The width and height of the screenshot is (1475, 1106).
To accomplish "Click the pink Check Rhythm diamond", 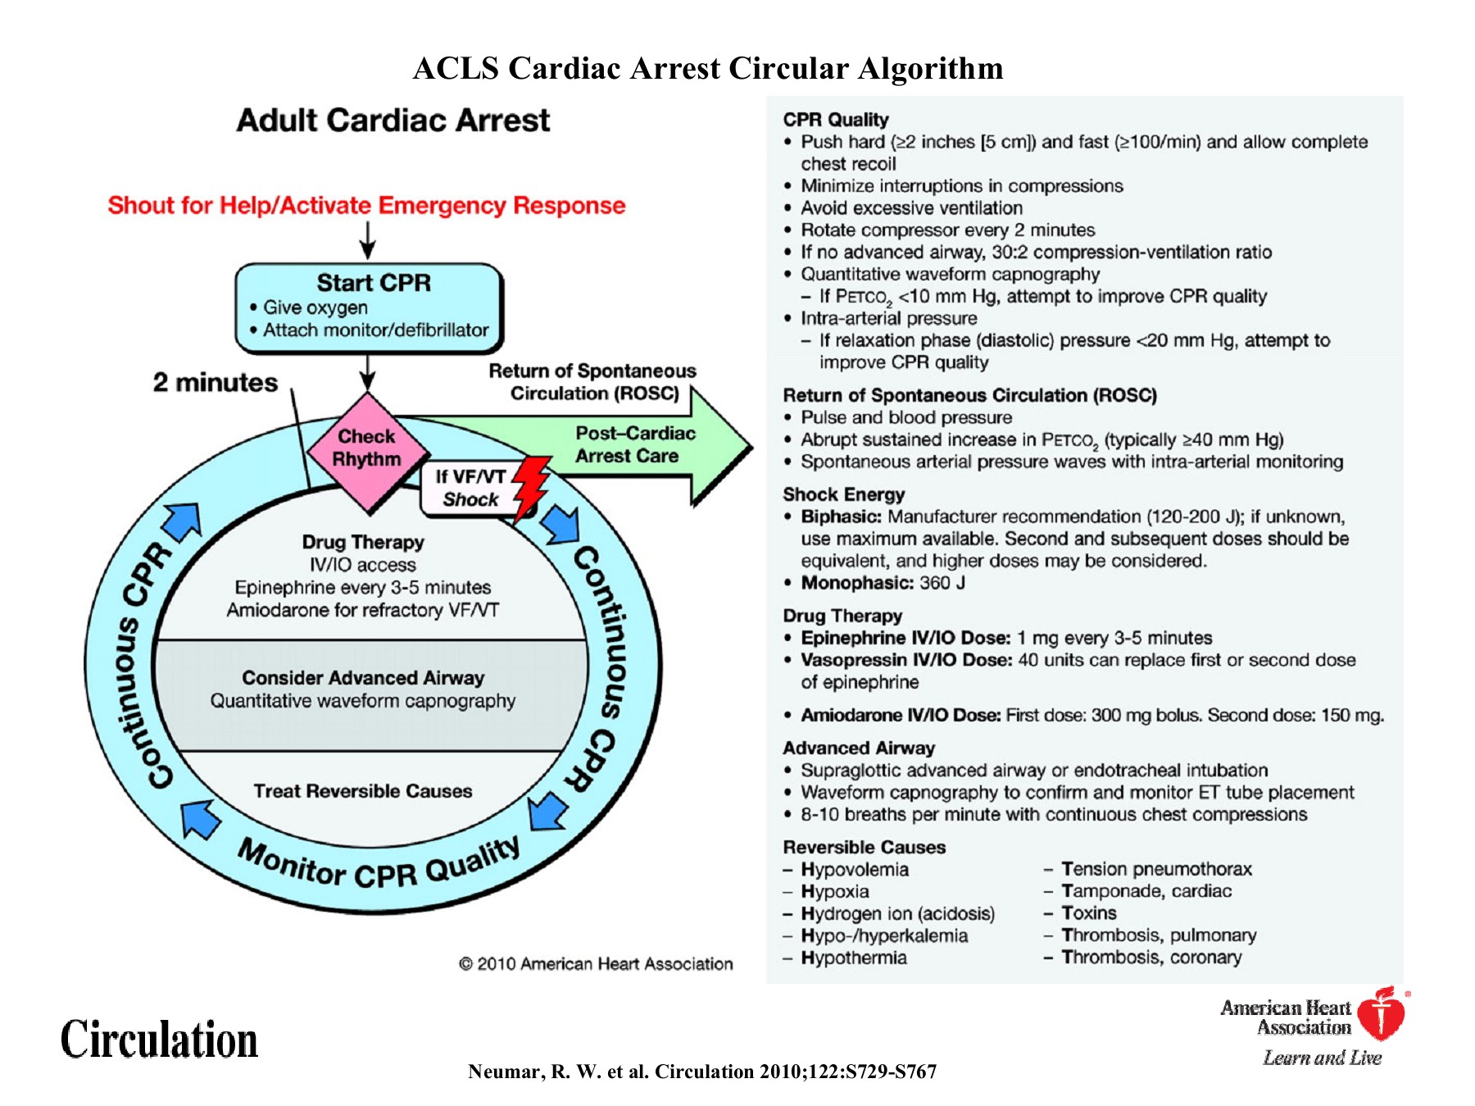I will (367, 449).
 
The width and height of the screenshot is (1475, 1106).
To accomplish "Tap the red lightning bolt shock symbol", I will (532, 488).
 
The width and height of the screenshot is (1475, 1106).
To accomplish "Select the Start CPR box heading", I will (374, 283).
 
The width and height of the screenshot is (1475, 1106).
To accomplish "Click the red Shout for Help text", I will (366, 205).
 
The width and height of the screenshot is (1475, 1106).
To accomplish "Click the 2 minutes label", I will (216, 383).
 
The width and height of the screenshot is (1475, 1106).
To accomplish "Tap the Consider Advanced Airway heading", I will (363, 678).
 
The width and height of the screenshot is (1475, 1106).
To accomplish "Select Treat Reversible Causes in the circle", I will (363, 791).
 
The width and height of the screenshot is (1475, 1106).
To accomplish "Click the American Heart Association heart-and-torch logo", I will (1382, 1013).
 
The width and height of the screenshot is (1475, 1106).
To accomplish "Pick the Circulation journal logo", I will (160, 1040).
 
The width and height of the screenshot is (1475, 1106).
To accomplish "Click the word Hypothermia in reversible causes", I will (853, 958).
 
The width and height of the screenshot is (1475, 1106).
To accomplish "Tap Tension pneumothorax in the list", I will (1156, 869).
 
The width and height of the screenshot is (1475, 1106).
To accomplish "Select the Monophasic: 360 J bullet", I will (883, 583).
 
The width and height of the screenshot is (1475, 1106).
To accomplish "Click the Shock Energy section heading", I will (843, 494).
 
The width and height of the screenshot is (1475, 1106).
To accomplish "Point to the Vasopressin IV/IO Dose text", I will (906, 660).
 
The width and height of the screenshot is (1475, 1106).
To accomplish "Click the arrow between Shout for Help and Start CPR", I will (368, 239).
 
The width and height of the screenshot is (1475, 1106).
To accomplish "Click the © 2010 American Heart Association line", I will (596, 964).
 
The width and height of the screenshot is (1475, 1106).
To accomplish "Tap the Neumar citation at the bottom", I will (702, 1072).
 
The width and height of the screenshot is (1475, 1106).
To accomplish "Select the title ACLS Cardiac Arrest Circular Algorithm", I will (708, 68).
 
